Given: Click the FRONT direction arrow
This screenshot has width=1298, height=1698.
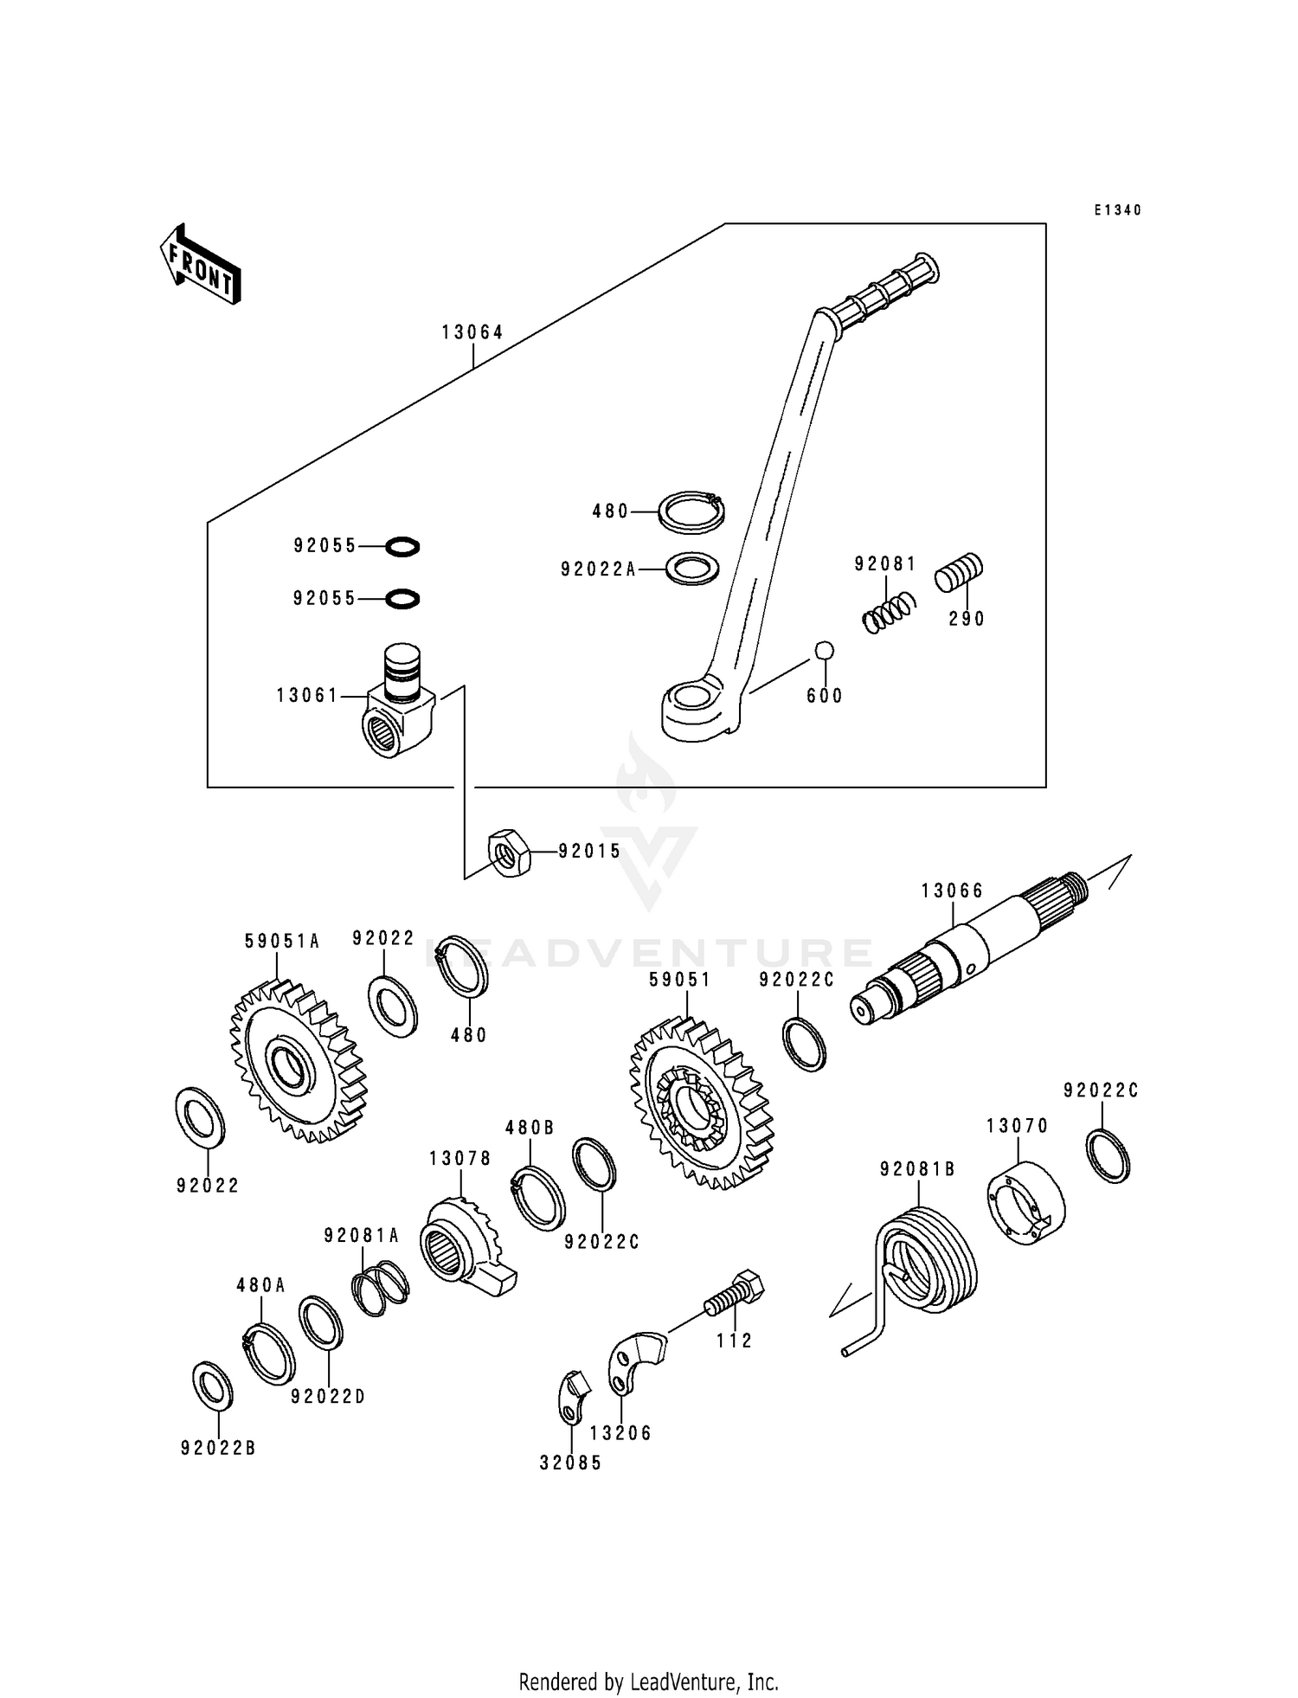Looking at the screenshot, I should click(x=200, y=265).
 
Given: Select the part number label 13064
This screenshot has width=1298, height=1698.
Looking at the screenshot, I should click(x=472, y=332).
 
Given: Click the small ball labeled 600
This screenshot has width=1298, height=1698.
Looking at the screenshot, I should click(x=824, y=650).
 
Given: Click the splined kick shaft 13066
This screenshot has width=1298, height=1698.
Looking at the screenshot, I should click(x=969, y=951).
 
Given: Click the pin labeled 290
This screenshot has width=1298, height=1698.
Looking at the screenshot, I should click(x=959, y=572).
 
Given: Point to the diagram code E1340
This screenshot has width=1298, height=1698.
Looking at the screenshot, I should click(x=1117, y=210).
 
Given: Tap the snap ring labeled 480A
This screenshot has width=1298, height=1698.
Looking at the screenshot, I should click(x=268, y=1354).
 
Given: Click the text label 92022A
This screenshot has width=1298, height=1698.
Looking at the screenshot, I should click(x=598, y=569).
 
